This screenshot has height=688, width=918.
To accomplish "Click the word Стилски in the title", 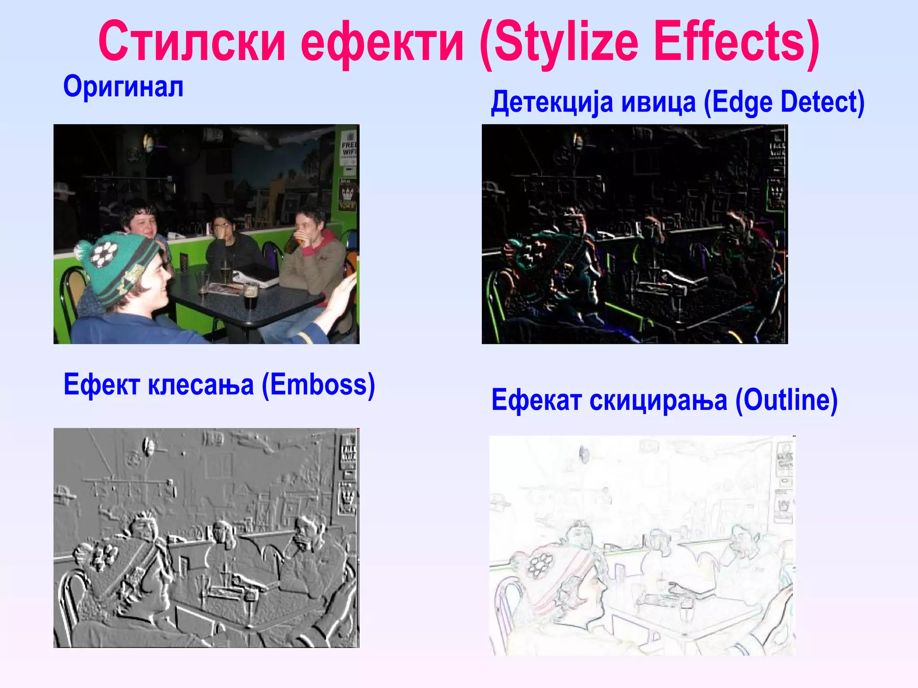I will coord(192,42).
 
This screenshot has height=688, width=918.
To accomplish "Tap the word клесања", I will coord(200,385).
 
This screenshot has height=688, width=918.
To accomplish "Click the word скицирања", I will coord(658,400).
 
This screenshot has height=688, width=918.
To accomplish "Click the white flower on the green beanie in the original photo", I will coord(104,254).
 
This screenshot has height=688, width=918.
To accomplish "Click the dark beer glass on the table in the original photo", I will coord(250,297).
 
